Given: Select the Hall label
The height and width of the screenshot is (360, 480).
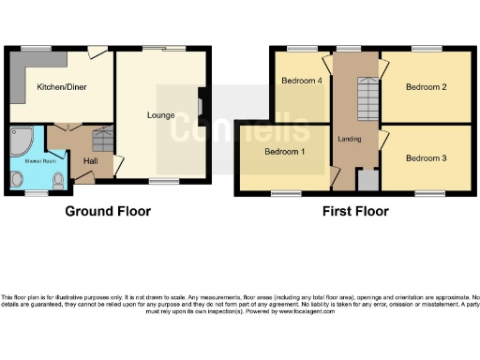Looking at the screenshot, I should coord(91,161).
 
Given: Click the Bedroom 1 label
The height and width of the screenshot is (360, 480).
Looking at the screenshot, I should coord(284,151).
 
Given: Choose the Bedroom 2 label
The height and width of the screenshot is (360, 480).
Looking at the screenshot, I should coord(425,87).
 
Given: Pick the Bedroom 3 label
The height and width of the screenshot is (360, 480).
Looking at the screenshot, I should coord(426,158).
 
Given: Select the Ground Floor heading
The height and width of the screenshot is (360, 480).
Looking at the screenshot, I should coord(108,211).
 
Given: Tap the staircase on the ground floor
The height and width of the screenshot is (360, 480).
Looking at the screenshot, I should coord(100,142).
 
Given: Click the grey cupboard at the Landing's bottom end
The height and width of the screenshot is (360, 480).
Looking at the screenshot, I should coord(367,179).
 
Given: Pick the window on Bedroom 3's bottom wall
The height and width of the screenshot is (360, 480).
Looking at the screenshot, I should coord(430,192).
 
